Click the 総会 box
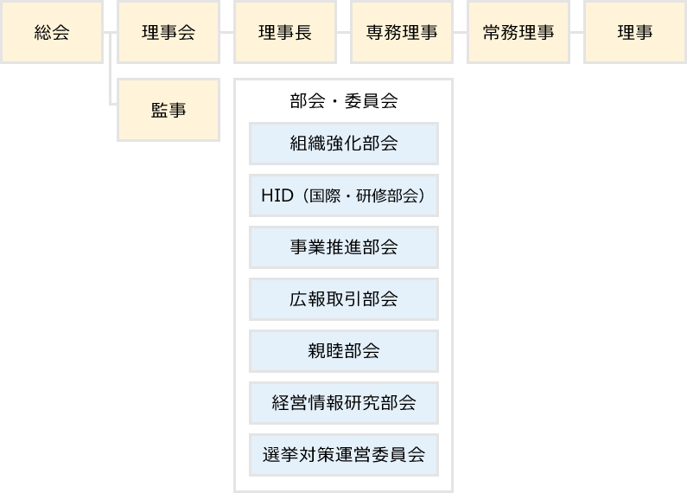[51, 33]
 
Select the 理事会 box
[168, 33]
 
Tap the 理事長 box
[284, 33]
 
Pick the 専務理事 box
[401, 33]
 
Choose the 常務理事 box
[518, 33]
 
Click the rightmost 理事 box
[634, 33]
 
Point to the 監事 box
[168, 110]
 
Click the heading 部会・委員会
[343, 100]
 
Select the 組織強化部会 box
[343, 144]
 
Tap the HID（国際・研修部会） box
[343, 195]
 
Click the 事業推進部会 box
[343, 247]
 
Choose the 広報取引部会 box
[343, 299]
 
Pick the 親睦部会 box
[343, 351]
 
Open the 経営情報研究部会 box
[343, 403]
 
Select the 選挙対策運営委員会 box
[343, 455]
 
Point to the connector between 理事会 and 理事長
[226, 33]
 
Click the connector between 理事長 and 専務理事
[343, 33]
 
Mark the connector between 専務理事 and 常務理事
[460, 33]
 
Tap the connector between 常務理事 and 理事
[576, 33]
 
